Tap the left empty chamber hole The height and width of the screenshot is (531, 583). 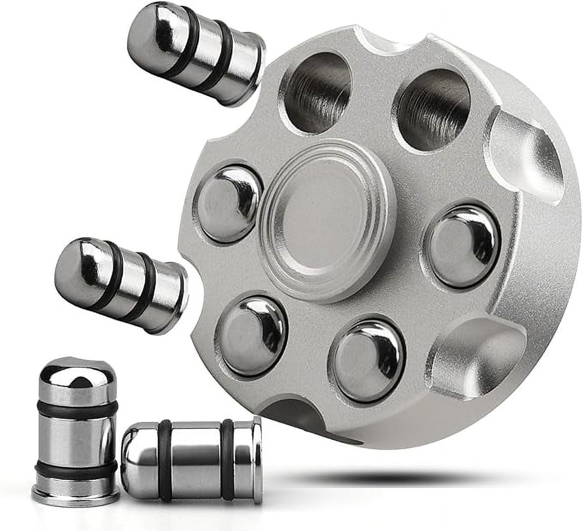pos(317,92)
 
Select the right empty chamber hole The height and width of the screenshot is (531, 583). pos(433,110)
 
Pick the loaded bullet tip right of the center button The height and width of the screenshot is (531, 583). pos(463,246)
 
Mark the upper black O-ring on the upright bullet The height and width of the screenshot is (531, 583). pos(77,410)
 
